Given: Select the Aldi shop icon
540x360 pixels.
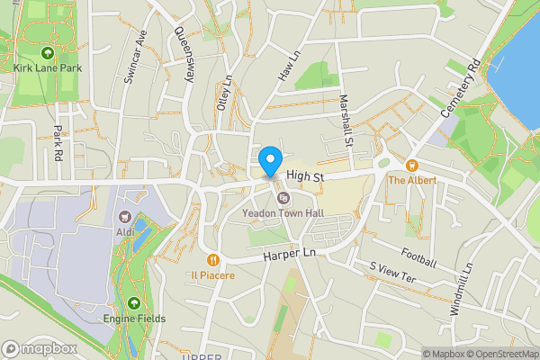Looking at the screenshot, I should point(125,217).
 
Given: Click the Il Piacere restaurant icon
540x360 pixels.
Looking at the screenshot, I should point(211,259).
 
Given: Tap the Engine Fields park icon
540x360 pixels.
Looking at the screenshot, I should point(133,303).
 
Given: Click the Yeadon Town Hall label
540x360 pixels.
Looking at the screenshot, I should point(283,214).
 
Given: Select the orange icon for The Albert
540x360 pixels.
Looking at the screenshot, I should point(411,165).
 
